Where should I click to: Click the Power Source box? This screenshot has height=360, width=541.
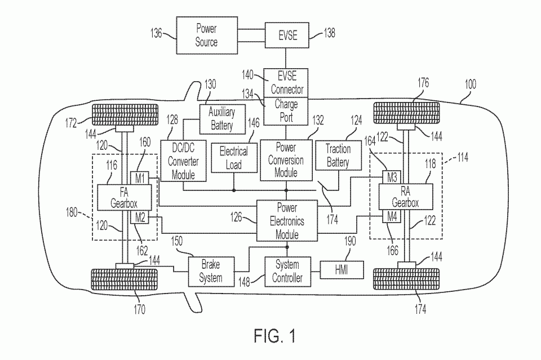tap(207, 35)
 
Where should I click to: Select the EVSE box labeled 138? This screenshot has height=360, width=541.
tap(287, 35)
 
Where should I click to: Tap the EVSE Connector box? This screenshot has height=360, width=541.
tap(286, 83)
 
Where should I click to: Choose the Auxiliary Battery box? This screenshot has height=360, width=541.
tap(223, 119)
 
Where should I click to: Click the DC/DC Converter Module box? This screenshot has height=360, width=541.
tap(183, 161)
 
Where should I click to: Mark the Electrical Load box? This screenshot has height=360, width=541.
tap(234, 158)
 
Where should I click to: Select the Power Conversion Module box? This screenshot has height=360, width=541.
tap(286, 160)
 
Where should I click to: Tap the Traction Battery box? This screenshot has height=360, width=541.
tap(339, 155)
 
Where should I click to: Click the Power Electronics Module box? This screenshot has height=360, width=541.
tap(287, 221)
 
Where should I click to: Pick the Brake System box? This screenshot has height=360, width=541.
tap(211, 272)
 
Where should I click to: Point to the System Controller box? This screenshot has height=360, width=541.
tap(288, 272)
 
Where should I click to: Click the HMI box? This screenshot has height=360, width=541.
tap(342, 270)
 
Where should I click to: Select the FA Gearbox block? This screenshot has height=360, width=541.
tap(124, 198)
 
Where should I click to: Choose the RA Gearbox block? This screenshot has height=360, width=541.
tap(406, 197)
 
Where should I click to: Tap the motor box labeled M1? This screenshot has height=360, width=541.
tap(139, 178)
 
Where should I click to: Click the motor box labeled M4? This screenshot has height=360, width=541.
tap(392, 217)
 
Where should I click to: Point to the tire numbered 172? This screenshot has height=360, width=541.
tap(125, 115)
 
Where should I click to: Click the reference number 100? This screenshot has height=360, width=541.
tap(470, 84)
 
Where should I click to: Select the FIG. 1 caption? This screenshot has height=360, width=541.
tap(274, 336)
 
